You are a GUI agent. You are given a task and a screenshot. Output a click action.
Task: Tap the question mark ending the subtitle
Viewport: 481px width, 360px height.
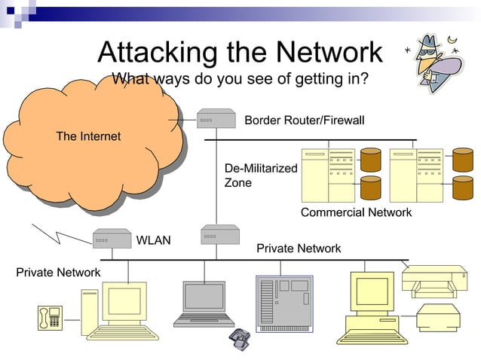tap(364, 78)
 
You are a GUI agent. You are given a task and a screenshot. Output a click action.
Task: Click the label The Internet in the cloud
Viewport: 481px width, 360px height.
tap(88, 136)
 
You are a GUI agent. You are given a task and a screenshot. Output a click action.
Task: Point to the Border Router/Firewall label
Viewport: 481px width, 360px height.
tap(304, 121)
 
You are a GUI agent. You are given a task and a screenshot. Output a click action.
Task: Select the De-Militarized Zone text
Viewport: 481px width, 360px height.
tap(261, 175)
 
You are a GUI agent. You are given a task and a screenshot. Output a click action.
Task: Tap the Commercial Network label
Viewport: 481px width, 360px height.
tap(356, 212)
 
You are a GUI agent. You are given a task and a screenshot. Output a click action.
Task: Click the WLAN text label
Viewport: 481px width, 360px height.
tap(153, 241)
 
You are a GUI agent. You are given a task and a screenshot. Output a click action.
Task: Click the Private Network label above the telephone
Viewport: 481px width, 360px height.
tap(58, 272)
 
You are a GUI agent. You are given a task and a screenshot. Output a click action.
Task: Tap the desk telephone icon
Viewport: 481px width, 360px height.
tap(51, 318)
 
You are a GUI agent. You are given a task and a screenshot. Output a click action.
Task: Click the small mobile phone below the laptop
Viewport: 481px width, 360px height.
tap(240, 338)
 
